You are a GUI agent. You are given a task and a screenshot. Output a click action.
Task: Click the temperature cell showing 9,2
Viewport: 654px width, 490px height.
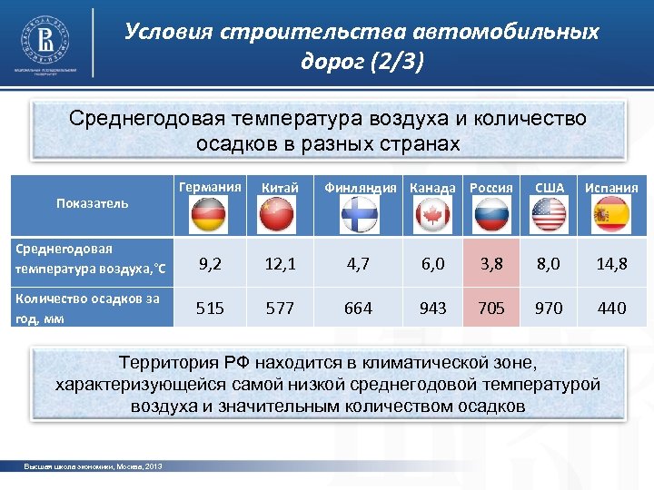210,263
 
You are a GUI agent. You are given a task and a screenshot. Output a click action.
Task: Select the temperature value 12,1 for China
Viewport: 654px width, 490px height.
280,263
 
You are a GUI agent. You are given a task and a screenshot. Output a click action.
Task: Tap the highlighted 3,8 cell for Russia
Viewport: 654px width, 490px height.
491,263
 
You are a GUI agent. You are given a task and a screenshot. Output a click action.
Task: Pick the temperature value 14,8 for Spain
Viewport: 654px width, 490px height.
611,263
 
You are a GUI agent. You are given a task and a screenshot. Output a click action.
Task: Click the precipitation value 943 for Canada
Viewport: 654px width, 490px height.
432,309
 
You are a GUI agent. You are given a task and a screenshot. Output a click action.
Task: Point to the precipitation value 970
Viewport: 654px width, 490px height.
549,309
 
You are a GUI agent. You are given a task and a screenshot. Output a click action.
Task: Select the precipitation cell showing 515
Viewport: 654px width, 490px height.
210,309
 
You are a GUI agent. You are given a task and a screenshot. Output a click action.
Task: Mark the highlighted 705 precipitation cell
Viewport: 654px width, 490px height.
491,309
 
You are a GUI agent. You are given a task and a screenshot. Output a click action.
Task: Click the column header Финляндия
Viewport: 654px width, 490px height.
360,188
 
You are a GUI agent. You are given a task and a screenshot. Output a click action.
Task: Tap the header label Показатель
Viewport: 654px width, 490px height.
92,203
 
